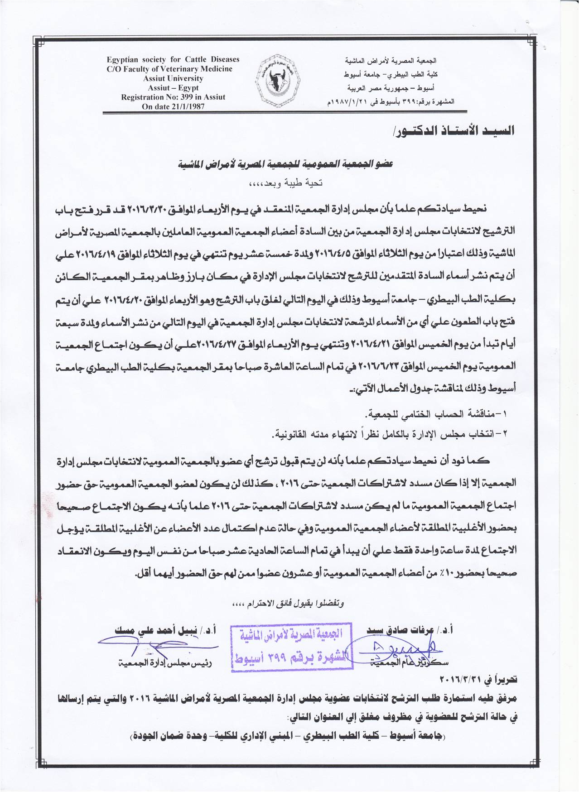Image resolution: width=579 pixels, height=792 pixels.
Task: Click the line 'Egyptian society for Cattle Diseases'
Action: pos(173,59)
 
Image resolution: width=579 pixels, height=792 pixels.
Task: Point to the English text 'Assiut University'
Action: pos(173,78)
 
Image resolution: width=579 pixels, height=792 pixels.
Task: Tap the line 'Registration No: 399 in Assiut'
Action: pos(173,97)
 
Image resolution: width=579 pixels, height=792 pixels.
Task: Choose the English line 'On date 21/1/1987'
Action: pos(173,106)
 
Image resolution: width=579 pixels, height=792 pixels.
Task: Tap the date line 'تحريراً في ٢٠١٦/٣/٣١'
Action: pos(478,680)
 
